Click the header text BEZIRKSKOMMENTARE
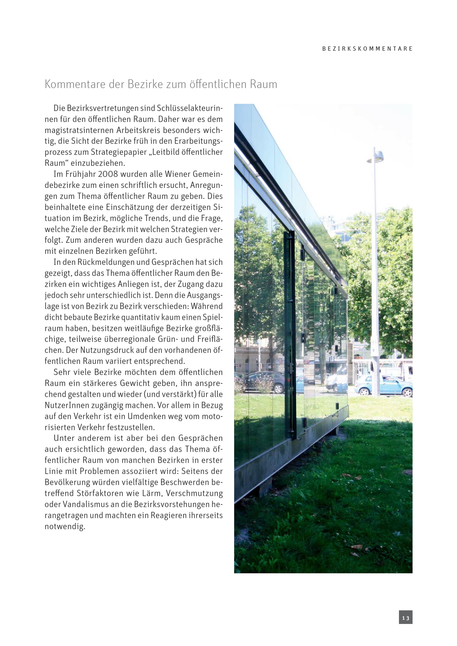[x=367, y=49]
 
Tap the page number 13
[x=406, y=618]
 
